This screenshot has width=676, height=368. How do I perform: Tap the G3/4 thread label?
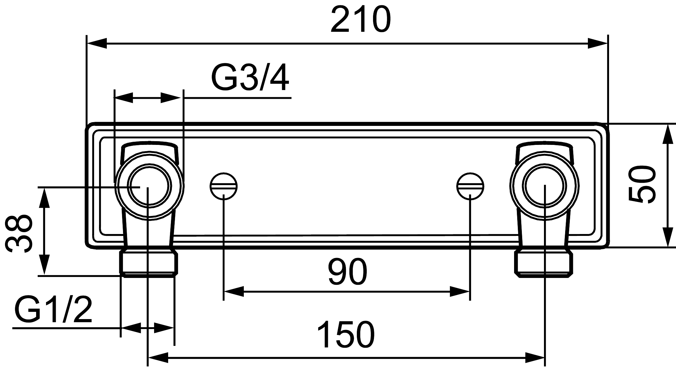[x=250, y=78]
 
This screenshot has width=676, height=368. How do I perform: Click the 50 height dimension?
[x=642, y=184]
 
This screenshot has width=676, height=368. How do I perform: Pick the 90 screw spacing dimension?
[x=347, y=271]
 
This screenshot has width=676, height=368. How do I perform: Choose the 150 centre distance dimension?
[x=346, y=335]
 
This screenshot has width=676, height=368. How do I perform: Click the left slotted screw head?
[x=224, y=186]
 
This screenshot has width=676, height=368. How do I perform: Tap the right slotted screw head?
[x=470, y=186]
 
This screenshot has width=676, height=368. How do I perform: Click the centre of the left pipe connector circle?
[x=149, y=186]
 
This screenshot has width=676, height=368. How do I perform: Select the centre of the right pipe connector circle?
[x=545, y=186]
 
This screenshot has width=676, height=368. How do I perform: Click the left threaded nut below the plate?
[x=149, y=264]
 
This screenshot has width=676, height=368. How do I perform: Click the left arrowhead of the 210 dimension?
[x=97, y=44]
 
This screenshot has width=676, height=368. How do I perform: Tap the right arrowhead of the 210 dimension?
[x=598, y=44]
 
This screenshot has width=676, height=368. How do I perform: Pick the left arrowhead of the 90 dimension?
[x=234, y=292]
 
